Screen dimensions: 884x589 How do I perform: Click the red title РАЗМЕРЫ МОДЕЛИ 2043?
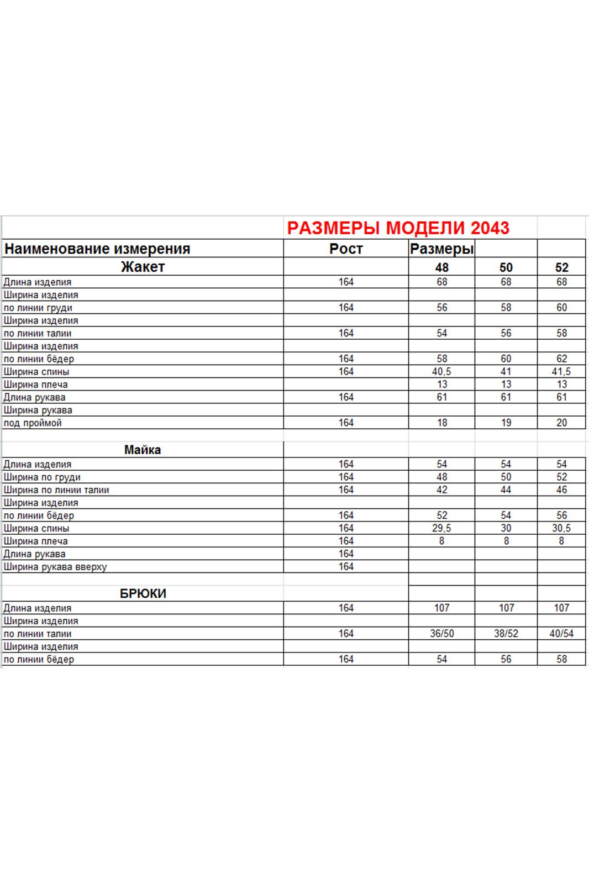point(398,228)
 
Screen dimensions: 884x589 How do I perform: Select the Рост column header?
point(346,249)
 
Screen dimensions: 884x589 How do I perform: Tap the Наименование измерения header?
point(97,249)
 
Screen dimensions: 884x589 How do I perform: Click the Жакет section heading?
point(143,267)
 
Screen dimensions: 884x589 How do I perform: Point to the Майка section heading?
point(143,450)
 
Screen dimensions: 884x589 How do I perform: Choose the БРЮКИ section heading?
point(143,593)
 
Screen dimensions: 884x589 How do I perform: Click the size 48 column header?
point(441,267)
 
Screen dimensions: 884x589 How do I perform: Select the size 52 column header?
point(561,267)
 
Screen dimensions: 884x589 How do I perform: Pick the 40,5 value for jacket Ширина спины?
point(441,372)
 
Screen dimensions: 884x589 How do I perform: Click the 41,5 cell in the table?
point(561,372)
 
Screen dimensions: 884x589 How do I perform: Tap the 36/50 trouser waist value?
point(441,634)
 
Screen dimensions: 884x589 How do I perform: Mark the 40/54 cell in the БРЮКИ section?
point(561,634)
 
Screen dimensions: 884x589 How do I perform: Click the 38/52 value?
point(506,634)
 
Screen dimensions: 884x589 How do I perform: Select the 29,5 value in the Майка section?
point(441,528)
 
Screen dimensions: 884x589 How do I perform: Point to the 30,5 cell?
point(561,528)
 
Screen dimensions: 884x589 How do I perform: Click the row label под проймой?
point(33,423)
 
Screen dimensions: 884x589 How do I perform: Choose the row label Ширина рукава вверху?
point(55,567)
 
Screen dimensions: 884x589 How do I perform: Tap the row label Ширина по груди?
point(42,477)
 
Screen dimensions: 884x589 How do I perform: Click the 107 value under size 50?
point(506,608)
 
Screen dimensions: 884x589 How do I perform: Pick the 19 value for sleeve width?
point(506,423)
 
